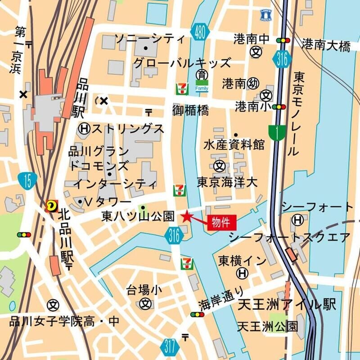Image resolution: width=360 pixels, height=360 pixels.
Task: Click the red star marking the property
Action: click(x=186, y=217)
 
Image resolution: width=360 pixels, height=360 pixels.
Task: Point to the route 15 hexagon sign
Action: click(x=28, y=180)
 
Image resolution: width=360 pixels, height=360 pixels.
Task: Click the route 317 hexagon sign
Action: click(x=170, y=346)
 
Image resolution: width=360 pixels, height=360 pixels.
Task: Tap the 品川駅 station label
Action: click(x=82, y=97)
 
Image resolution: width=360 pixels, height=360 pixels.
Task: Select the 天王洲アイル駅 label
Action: click(x=287, y=305)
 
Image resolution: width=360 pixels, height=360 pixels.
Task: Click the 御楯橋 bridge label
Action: click(x=190, y=110)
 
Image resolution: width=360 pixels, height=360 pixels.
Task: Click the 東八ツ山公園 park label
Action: click(x=138, y=217)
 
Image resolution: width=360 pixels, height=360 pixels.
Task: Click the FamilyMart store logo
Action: click(x=202, y=86)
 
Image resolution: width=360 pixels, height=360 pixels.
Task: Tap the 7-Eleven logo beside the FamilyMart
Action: click(x=183, y=86)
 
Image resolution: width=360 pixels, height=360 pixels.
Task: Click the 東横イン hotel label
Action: click(x=237, y=260)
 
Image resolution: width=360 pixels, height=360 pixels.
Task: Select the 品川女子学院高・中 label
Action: click(x=65, y=321)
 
